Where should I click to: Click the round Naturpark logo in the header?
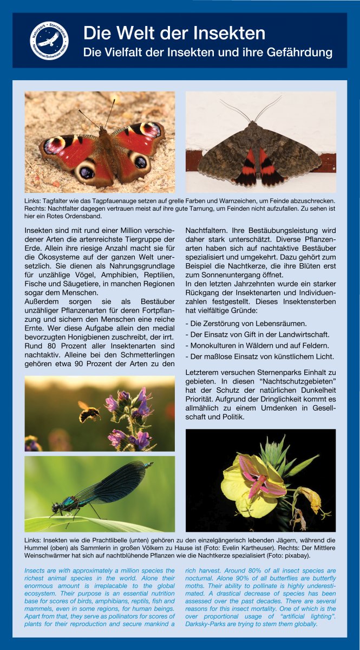49,40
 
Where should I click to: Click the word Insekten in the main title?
228,34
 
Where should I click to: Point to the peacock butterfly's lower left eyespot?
87,172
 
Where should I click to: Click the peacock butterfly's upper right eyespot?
150,129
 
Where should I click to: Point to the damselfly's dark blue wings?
114,482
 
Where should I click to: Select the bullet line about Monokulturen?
257,346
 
